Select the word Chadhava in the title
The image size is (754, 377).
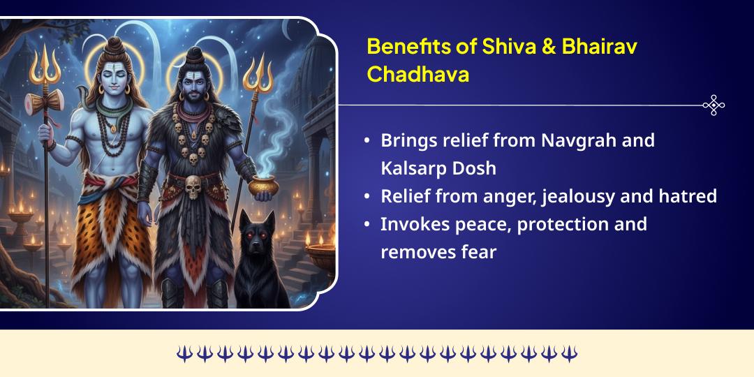pos(417,75)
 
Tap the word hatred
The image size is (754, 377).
pos(687,196)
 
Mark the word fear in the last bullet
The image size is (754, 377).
pos(476,252)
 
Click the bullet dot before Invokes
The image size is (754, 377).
pos(367,225)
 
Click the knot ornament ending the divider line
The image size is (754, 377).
pos(714,105)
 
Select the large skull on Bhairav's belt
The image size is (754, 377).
pos(193,186)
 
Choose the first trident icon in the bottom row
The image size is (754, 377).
pos(184,354)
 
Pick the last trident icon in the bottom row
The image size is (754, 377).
pos(570,354)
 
